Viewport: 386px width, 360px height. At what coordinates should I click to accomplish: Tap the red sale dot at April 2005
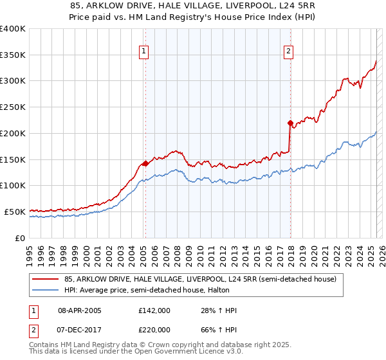[145, 163]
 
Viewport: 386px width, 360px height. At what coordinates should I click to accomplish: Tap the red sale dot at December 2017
[290, 122]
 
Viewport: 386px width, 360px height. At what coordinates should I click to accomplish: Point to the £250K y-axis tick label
[13, 107]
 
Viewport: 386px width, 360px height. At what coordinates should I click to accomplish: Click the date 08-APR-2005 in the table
[80, 310]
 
